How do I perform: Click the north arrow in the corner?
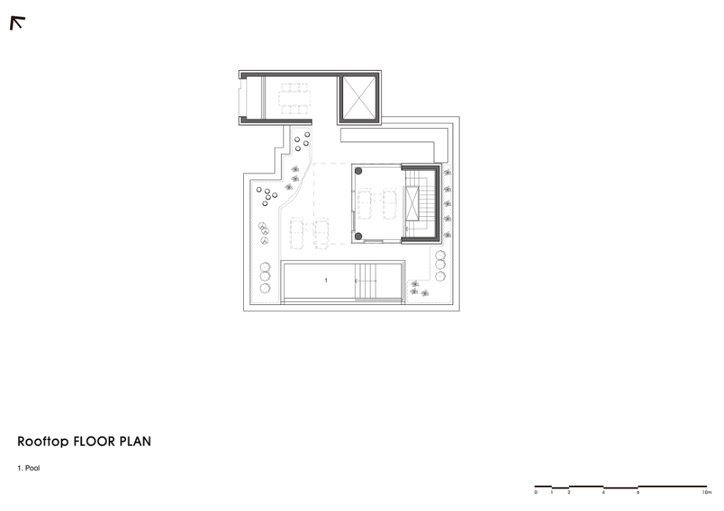[17, 23]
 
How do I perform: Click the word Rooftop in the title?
[43, 442]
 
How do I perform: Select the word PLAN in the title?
[135, 441]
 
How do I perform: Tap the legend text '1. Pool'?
[28, 468]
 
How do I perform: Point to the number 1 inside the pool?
[326, 281]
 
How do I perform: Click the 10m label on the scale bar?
[707, 493]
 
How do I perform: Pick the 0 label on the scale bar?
[536, 493]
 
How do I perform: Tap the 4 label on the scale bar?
[603, 493]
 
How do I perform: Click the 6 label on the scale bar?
[637, 493]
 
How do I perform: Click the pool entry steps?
[365, 281]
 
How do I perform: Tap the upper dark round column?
[358, 171]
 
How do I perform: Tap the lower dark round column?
[358, 237]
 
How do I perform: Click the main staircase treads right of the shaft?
[427, 204]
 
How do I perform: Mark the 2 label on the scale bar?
[569, 493]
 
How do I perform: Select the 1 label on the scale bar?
[552, 493]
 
